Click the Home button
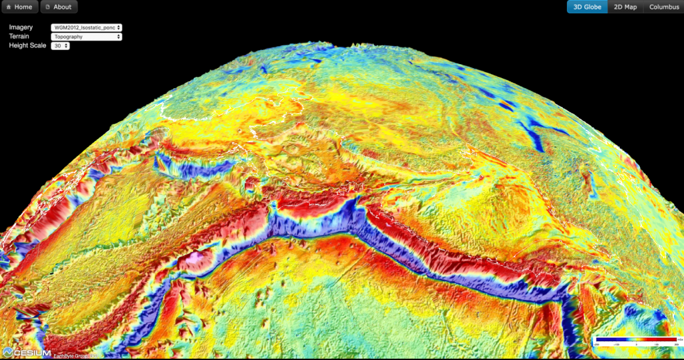click(x=19, y=7)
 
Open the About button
click(x=59, y=7)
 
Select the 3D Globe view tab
click(x=587, y=7)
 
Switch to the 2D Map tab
click(x=625, y=7)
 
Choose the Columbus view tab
click(x=663, y=7)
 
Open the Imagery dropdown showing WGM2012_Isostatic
click(x=86, y=27)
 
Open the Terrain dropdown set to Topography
click(x=86, y=37)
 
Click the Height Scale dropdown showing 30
click(x=60, y=46)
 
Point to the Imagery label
click(x=21, y=27)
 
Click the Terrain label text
click(x=19, y=37)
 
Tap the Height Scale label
click(x=27, y=46)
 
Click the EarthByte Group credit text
click(x=71, y=355)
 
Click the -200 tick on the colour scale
click(x=596, y=344)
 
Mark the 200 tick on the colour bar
click(x=675, y=344)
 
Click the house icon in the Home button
click(x=8, y=7)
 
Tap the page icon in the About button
click(x=47, y=7)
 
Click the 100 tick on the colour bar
click(x=657, y=344)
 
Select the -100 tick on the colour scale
click(x=617, y=344)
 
